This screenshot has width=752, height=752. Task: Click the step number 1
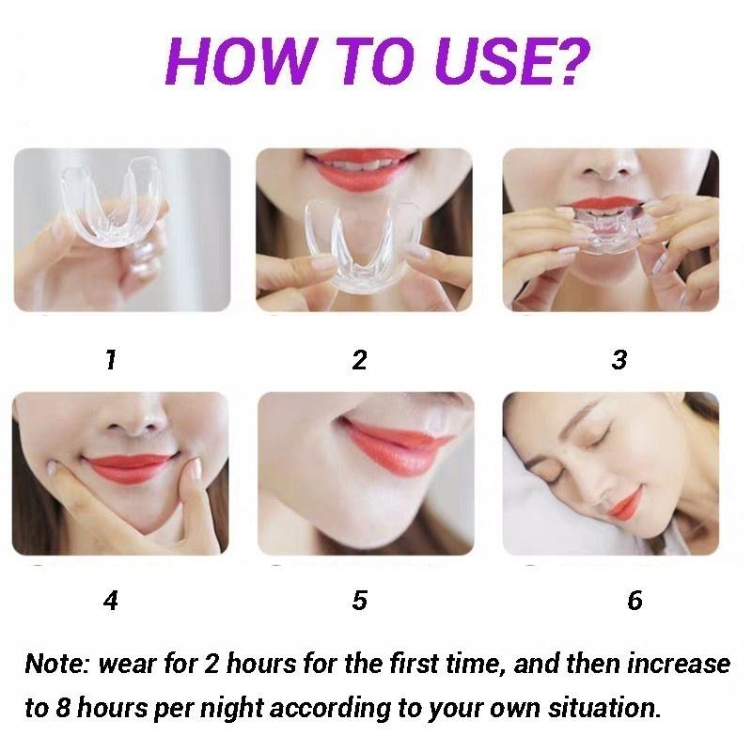(111, 360)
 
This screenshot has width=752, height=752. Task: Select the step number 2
(359, 360)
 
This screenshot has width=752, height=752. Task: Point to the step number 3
(619, 360)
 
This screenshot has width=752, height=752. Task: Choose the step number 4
(111, 601)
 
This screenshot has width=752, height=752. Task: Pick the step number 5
(359, 601)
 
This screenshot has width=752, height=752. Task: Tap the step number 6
(635, 601)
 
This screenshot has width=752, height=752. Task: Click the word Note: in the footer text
(55, 665)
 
